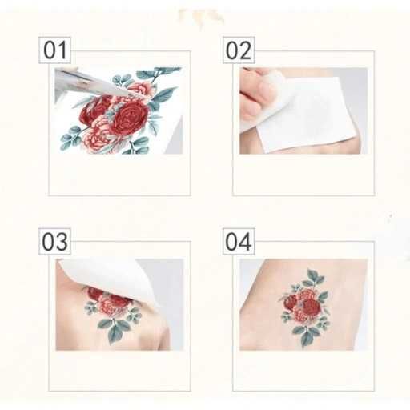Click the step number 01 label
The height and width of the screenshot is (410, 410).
click(54, 50)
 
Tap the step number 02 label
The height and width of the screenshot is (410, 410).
click(239, 50)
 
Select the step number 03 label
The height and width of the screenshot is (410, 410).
click(54, 241)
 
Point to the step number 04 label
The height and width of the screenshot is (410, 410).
click(239, 241)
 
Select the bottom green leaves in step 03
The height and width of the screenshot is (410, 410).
click(114, 328)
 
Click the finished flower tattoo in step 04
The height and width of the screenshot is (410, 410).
click(305, 307)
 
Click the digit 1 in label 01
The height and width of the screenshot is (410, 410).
click(62, 50)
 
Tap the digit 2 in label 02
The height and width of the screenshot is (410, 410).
click(246, 50)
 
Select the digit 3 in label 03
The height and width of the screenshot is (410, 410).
click(62, 242)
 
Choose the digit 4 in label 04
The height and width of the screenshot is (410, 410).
click(246, 242)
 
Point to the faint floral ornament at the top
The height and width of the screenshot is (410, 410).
click(202, 17)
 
